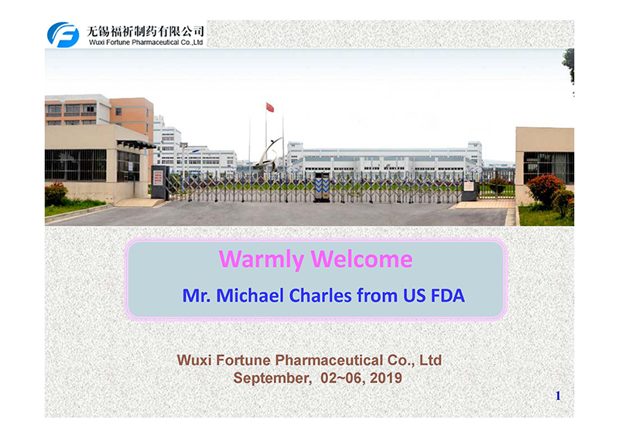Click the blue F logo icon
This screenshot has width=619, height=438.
click(63, 35)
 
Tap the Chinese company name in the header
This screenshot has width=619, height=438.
click(145, 31)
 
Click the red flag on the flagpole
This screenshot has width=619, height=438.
click(270, 107)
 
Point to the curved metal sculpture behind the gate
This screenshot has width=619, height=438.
click(268, 155)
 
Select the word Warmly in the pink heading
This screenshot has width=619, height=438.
click(261, 259)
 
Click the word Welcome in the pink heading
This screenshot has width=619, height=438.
click(361, 259)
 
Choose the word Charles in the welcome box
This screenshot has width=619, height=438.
click(320, 296)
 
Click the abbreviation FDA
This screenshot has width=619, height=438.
click(448, 296)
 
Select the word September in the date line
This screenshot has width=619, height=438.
click(272, 378)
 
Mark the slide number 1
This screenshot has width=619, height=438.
click(558, 395)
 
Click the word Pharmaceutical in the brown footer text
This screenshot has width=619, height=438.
click(329, 360)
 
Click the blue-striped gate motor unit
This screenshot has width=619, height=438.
click(322, 187)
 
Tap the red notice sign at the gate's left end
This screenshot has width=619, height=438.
click(158, 178)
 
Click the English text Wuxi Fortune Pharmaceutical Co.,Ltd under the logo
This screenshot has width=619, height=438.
click(145, 43)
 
